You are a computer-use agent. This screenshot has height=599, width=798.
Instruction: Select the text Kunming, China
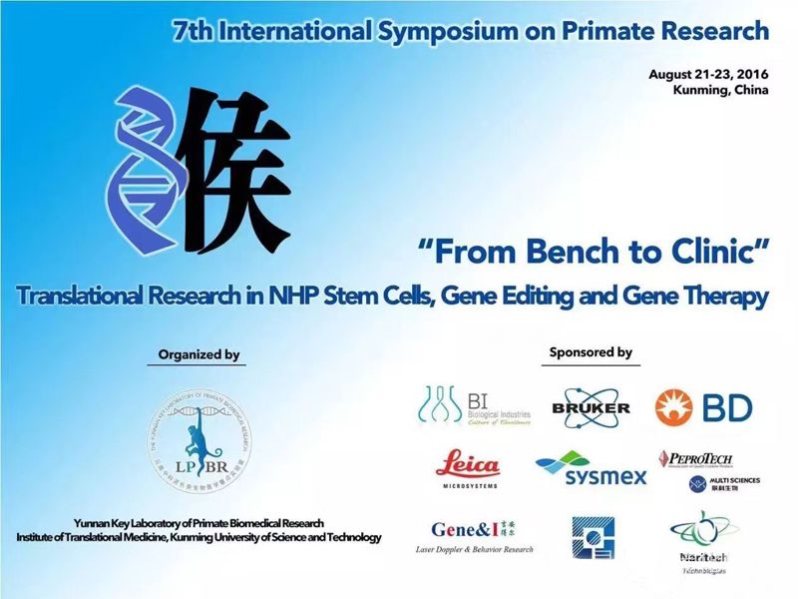tap(721, 91)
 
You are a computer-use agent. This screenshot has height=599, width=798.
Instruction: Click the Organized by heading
tap(199, 354)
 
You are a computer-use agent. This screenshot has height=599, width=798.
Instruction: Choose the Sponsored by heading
tap(591, 352)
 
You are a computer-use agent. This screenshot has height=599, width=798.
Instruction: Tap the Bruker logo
tap(591, 405)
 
